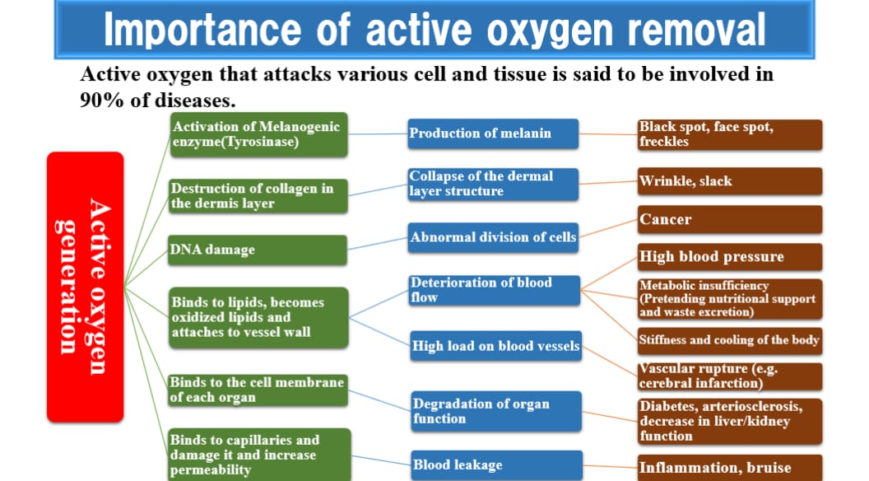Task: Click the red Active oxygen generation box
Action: pos(86,287)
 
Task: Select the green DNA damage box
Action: pos(258,250)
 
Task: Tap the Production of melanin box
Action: pos(493,133)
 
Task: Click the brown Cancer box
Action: pos(730,220)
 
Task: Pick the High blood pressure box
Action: pos(730,257)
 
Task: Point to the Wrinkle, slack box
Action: pos(730,181)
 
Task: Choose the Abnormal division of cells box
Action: pos(493,237)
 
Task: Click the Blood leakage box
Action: pos(497,465)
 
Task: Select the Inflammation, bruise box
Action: pos(730,468)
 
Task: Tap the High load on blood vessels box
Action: pos(496,346)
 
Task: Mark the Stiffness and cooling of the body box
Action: pos(730,340)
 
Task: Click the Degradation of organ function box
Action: pos(496,412)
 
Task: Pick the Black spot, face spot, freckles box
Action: pos(730,135)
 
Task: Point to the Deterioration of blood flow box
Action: pos(495,290)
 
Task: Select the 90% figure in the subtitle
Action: pos(102,100)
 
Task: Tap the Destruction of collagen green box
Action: pos(259,196)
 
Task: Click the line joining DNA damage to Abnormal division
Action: pos(378,244)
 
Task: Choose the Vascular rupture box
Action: pos(730,376)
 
